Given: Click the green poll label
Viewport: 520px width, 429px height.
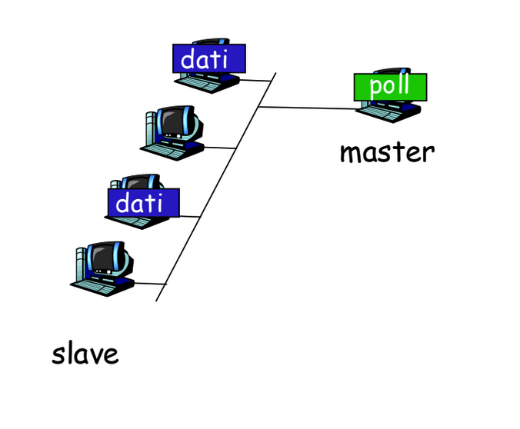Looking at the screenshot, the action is pos(390,87).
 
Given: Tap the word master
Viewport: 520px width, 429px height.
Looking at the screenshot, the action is pos(388,152).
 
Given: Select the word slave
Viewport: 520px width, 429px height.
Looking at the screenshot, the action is pos(85,354).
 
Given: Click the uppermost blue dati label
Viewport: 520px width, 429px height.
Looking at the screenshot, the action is pos(209,58).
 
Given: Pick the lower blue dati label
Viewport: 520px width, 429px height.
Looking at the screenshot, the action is pos(143,203).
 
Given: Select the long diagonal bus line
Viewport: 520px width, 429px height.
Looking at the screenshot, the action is pos(216,187).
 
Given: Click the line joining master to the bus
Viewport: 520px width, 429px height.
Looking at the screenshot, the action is pos(308,108).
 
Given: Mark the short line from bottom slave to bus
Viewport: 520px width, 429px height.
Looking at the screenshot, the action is pos(149,284).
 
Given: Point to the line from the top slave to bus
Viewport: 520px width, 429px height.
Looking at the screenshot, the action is pos(255,80).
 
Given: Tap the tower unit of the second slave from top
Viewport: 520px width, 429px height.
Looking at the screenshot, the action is pos(151,128).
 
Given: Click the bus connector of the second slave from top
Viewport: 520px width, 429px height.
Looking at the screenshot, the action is pos(220,148).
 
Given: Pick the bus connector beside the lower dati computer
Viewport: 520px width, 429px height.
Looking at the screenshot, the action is pos(190,217).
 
